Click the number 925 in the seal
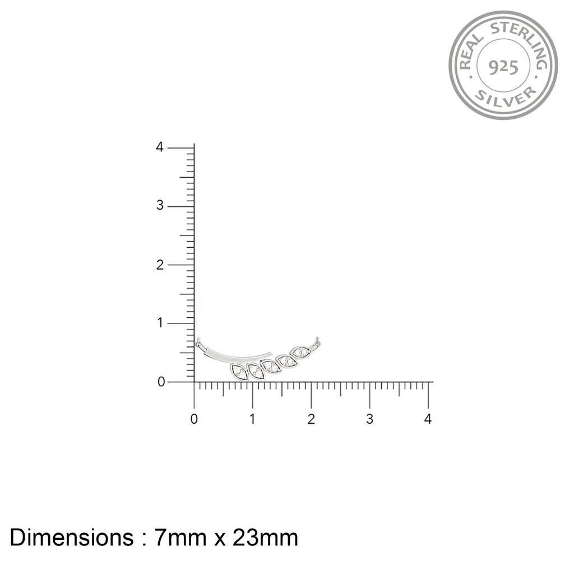(x=503, y=67)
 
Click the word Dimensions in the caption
(x=72, y=538)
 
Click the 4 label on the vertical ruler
(x=160, y=147)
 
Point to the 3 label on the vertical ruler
(x=160, y=205)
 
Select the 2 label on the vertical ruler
(x=160, y=265)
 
